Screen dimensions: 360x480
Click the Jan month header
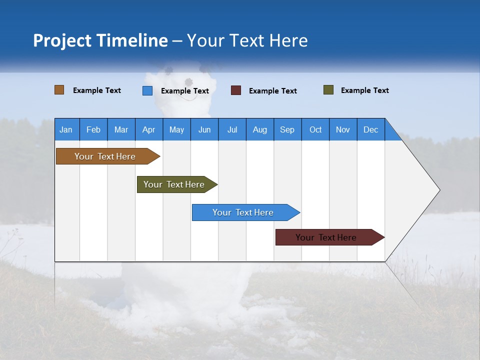66,129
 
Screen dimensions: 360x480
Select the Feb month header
93,129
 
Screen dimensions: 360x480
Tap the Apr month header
148,129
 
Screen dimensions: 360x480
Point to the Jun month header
204,129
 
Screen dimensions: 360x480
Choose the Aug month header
259,129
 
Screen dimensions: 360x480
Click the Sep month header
287,129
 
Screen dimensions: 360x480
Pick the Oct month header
315,129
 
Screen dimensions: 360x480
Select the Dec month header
370,129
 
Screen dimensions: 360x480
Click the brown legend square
59,90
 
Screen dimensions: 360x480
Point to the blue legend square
147,90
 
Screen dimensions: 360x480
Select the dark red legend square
236,90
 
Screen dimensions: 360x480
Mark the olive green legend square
328,90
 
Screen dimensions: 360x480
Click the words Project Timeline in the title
100,40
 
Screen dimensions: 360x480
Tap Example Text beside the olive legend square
364,90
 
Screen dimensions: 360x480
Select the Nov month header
343,129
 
